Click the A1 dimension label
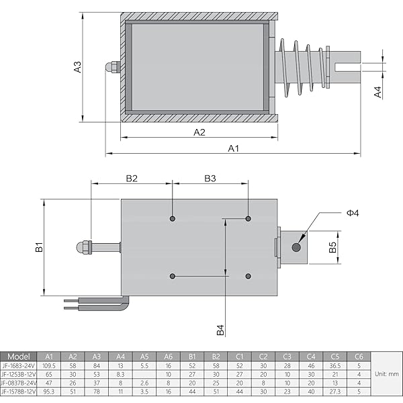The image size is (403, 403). coord(233,148)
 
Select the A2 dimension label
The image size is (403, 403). coord(199,132)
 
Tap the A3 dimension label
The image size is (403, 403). coord(77,66)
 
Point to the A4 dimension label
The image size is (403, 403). coord(378,92)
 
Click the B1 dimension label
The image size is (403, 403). coord(40,247)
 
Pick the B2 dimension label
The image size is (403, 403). coord(132,178)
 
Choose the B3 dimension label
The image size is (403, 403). coord(210,178)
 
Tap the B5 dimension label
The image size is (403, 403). coord(332,247)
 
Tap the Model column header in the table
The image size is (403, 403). coord(19,357)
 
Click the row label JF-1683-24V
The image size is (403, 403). coord(19,365)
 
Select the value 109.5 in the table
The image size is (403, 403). coord(48,365)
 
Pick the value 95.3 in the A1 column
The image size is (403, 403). coord(48,390)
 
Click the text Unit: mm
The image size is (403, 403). coord(386,373)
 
